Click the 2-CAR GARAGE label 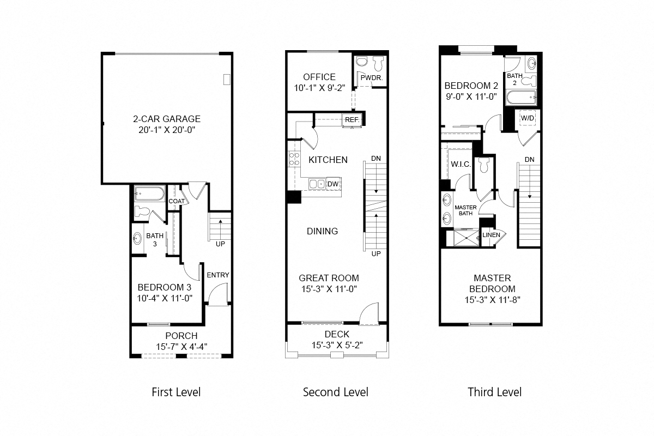click(x=167, y=119)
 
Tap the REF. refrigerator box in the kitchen click(x=350, y=119)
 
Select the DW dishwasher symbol click(x=333, y=184)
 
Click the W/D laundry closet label click(x=527, y=118)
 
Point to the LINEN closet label click(x=491, y=235)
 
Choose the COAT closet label click(x=176, y=201)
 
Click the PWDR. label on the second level click(x=372, y=78)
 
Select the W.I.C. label click(x=461, y=164)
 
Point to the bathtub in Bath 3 click(x=148, y=193)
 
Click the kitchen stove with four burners click(x=294, y=159)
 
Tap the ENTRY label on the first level click(x=218, y=275)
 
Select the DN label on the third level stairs click(x=529, y=159)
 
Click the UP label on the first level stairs click(x=220, y=244)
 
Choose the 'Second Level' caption click(x=335, y=392)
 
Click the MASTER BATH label click(x=465, y=210)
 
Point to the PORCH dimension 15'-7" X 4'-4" click(x=181, y=346)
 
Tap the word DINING click(x=322, y=231)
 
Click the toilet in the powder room click(x=380, y=64)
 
